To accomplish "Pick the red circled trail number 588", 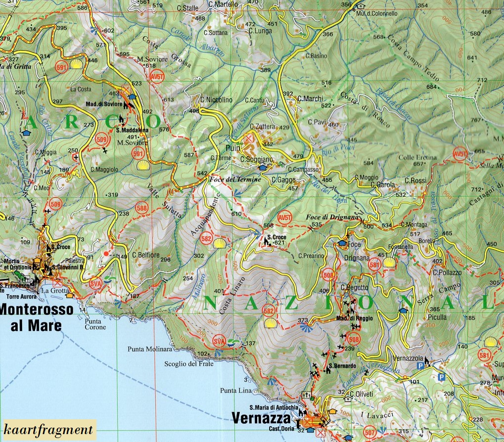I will pyautogui.click(x=142, y=209).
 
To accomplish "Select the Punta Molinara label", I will pyautogui.click(x=149, y=349).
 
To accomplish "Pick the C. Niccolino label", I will pyautogui.click(x=216, y=100).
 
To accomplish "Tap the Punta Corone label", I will pyautogui.click(x=95, y=324).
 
